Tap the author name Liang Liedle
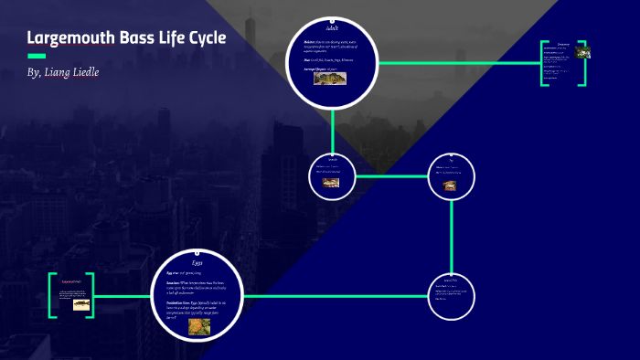coord(73,72)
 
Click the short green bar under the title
coord(37,56)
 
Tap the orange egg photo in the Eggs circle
coord(199,326)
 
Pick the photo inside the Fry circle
coord(450,185)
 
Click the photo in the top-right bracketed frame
coord(582,52)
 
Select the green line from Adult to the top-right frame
coord(457,63)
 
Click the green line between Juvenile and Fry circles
coord(391,175)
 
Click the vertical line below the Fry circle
coord(452,234)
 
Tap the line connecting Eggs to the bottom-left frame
coord(123,296)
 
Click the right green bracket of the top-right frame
coord(583,63)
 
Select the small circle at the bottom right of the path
coord(452,295)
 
